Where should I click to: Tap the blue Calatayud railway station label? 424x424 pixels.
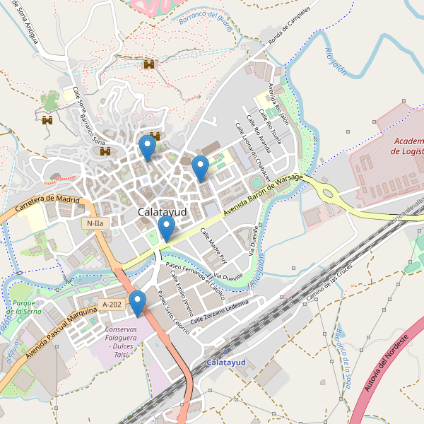226,363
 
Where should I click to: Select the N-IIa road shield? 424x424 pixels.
94,223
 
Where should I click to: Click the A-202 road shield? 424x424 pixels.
112,305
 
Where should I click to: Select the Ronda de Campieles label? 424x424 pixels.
285,24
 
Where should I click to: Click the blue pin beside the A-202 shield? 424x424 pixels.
137,303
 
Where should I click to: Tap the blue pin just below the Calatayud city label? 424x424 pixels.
166,228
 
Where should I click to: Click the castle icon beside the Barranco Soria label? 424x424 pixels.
106,151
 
